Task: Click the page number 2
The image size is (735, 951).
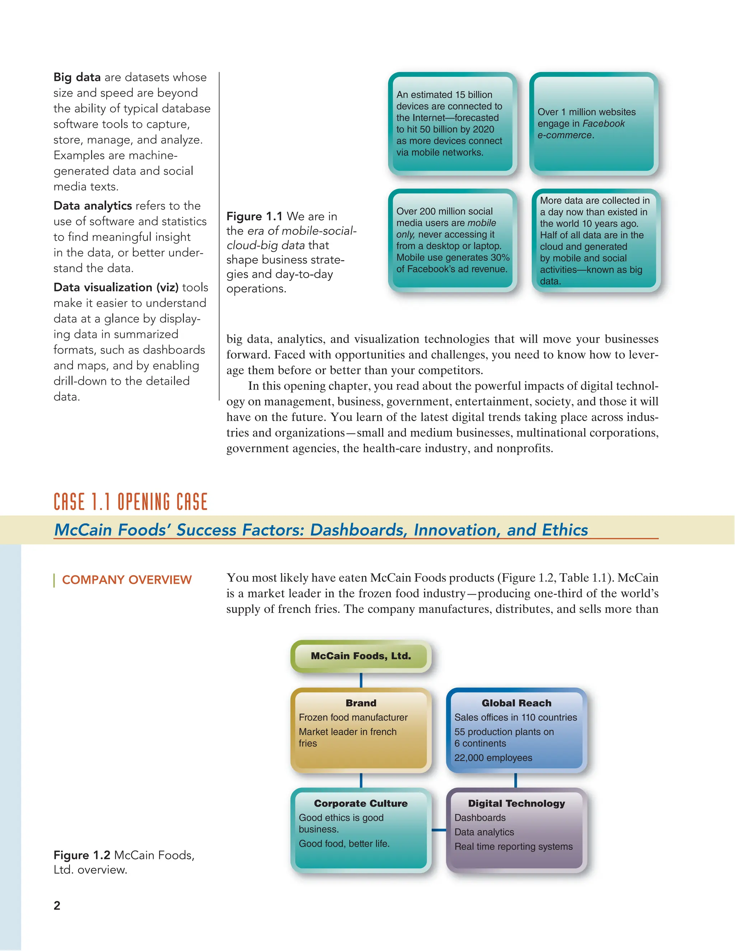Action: [x=57, y=905]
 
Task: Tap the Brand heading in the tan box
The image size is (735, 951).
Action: [x=361, y=703]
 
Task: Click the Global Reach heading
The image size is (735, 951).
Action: [x=516, y=703]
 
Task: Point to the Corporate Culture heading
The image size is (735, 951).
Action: [x=361, y=804]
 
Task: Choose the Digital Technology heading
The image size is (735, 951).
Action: [x=516, y=804]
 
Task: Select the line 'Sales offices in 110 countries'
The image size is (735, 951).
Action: [x=516, y=717]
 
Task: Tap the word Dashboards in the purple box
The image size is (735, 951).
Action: [x=480, y=818]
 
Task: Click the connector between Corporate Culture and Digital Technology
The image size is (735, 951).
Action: [x=439, y=830]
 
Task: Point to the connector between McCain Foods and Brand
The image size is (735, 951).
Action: [x=361, y=680]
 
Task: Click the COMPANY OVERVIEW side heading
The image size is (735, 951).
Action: [x=127, y=580]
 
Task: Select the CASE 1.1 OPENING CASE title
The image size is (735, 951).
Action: [x=131, y=502]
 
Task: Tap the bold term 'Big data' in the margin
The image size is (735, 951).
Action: [x=77, y=78]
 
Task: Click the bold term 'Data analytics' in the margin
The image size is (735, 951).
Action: [x=93, y=206]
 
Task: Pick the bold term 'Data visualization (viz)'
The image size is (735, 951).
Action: [x=116, y=287]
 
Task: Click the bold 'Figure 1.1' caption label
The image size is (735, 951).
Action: [x=254, y=216]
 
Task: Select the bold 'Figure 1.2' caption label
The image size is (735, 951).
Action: [x=82, y=855]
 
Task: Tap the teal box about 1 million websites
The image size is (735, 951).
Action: [x=594, y=124]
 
